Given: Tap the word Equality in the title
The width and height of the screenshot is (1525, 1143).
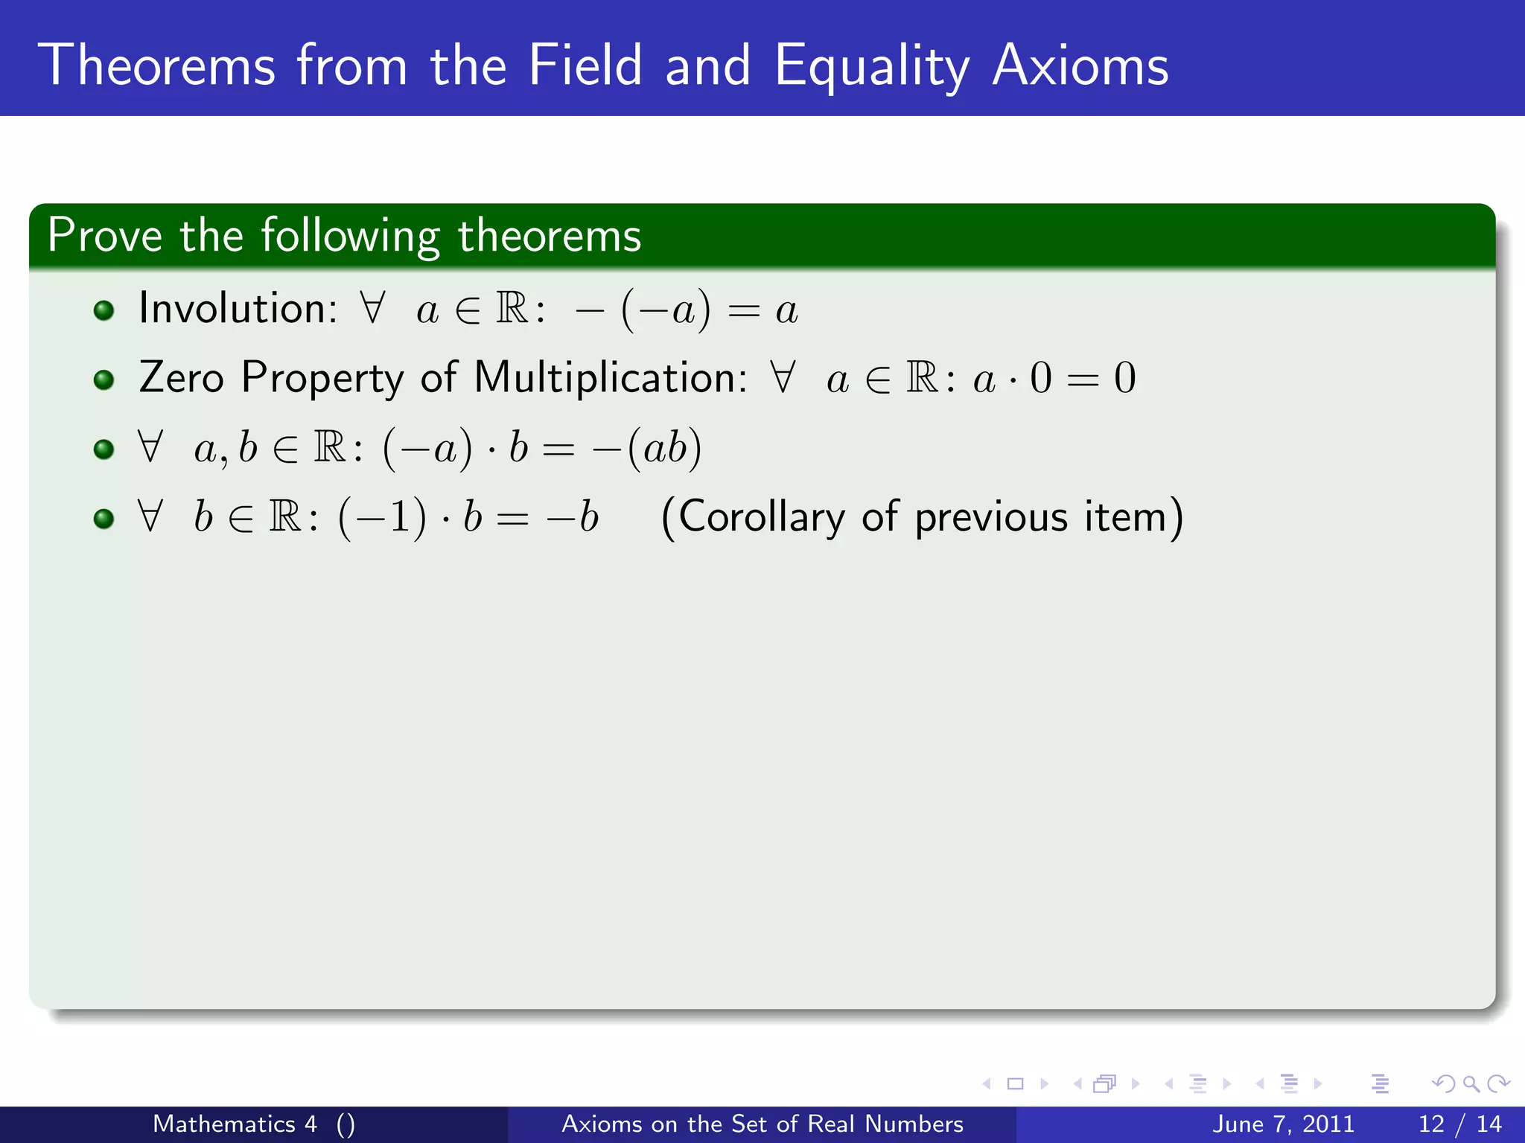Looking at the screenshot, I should (x=871, y=67).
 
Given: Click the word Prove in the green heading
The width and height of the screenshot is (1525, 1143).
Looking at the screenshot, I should (x=104, y=236).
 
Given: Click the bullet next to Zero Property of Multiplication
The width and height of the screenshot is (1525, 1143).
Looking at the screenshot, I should (x=104, y=380).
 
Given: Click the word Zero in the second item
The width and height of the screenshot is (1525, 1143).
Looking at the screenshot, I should (x=181, y=377).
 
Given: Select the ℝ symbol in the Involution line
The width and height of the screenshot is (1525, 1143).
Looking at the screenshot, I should (x=512, y=308).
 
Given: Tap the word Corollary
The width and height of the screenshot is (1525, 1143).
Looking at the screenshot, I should (x=762, y=516).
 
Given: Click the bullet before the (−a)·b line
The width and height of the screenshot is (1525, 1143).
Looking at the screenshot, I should (x=104, y=449).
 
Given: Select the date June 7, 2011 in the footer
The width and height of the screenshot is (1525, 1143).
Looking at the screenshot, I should (x=1283, y=1124).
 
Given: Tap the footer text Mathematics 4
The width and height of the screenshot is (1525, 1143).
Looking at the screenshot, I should (x=235, y=1124).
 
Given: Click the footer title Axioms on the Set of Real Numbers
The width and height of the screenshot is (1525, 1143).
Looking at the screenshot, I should (x=762, y=1124).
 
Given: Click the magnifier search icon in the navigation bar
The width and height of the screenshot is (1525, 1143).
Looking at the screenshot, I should (x=1470, y=1084).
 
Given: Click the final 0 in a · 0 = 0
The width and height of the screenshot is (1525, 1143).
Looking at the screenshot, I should (x=1124, y=378).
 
